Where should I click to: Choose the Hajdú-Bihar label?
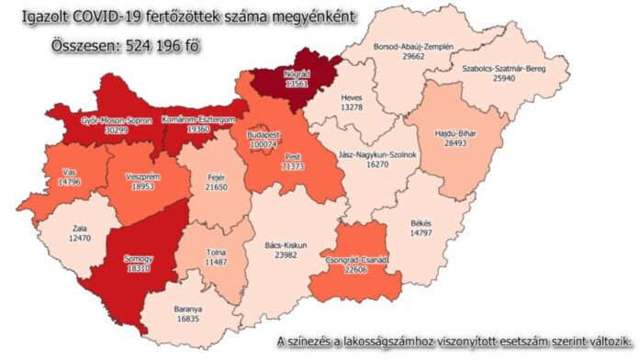coord(455,131)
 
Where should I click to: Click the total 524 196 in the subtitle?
coord(141,44)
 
